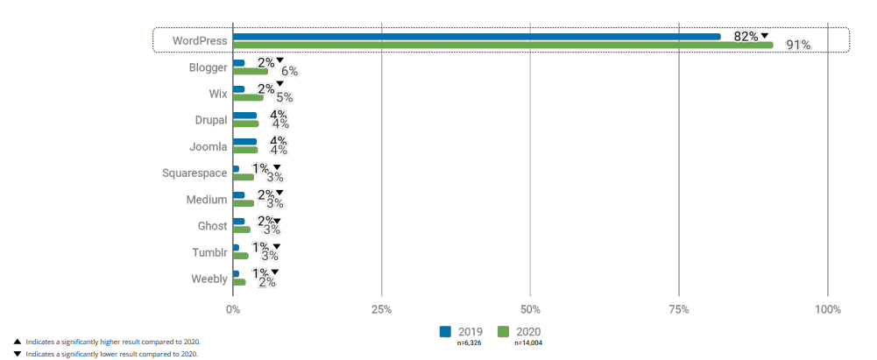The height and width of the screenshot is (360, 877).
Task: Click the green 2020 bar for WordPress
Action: click(503, 45)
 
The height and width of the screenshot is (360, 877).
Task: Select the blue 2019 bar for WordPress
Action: click(477, 37)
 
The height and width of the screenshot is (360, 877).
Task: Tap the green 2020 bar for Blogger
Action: click(251, 71)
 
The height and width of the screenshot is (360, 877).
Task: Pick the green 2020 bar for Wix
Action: click(248, 97)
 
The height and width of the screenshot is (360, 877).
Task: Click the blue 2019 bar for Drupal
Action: click(244, 116)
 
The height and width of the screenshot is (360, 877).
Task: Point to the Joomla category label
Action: click(209, 146)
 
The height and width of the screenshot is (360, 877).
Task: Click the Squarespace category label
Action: click(194, 173)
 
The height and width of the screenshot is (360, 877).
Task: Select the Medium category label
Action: click(207, 199)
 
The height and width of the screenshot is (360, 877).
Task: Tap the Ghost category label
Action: click(212, 226)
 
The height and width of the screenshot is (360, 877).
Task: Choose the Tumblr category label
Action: click(209, 252)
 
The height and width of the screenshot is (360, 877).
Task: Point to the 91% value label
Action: click(798, 46)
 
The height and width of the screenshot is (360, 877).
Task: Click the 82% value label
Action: click(746, 36)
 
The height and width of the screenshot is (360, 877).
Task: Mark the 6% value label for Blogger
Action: click(289, 72)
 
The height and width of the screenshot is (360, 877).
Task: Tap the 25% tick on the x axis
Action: click(381, 309)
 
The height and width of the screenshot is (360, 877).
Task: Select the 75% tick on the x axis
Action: click(679, 309)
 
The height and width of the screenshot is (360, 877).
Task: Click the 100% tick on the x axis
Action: click(827, 309)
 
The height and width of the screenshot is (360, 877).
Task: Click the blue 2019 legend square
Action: click(445, 332)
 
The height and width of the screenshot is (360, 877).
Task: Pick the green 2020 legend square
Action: click(504, 332)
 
